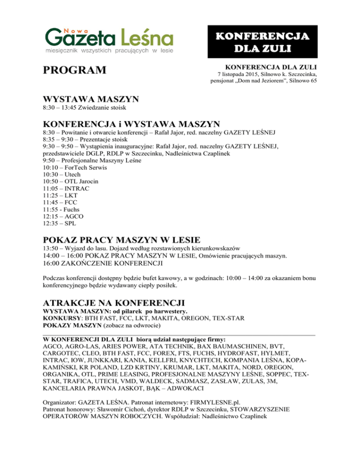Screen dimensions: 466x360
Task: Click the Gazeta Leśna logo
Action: [109, 38]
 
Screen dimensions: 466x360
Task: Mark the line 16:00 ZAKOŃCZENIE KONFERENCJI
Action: [102, 263]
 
